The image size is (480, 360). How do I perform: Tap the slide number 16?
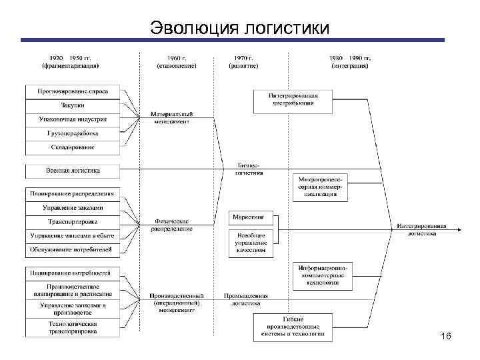[446, 337]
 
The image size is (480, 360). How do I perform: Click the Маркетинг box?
[249, 217]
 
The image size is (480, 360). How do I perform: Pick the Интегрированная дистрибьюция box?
[294, 99]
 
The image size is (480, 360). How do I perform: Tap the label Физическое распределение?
[171, 225]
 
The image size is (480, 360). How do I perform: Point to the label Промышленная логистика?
[246, 299]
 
